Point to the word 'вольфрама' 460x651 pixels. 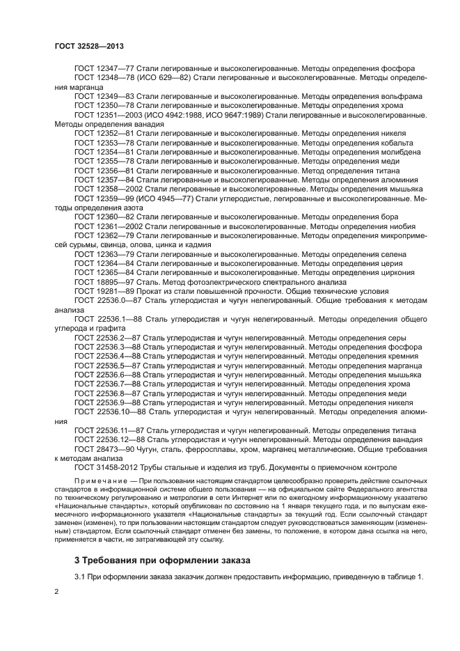(x=403, y=96)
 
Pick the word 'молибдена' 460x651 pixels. (x=402, y=152)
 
